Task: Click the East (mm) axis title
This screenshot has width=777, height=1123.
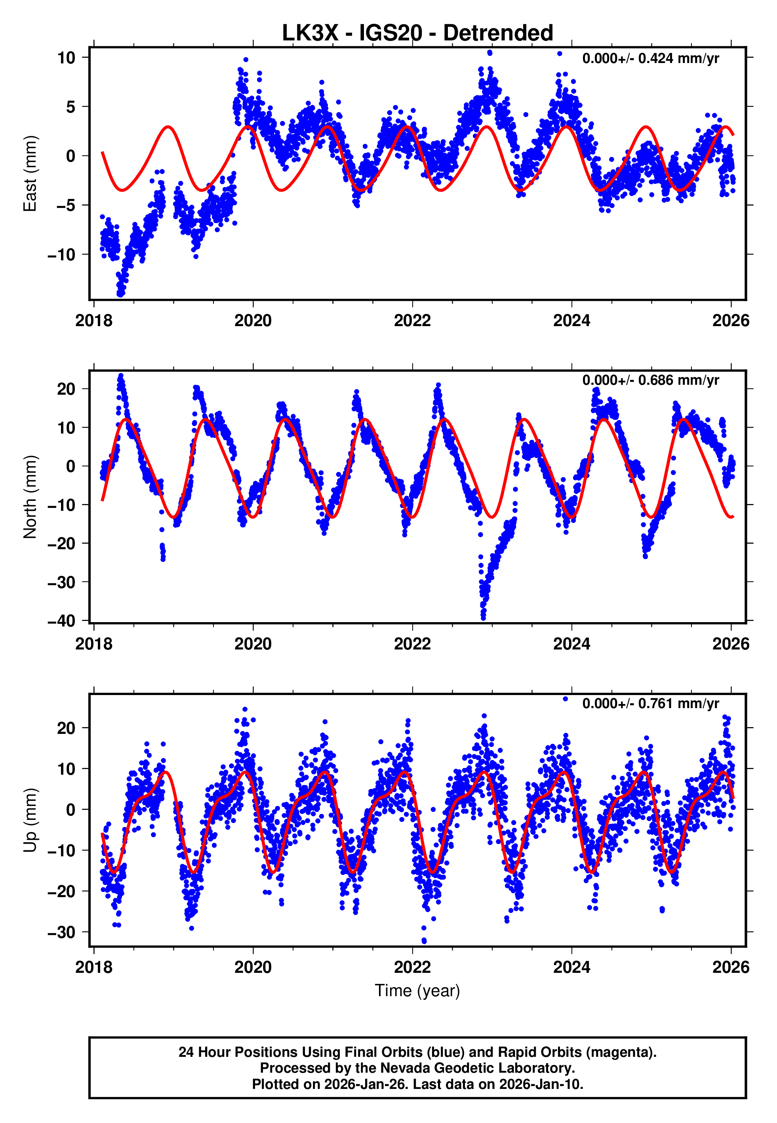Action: coord(30,174)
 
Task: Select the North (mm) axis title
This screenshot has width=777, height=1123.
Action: coord(30,497)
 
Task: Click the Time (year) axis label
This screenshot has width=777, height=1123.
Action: coord(417,991)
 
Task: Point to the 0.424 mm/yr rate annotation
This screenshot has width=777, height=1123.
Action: coord(650,58)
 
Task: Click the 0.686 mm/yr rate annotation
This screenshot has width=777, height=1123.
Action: coord(650,380)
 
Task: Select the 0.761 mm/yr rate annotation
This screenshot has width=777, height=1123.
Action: coord(650,703)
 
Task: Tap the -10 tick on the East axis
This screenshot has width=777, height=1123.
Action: coord(61,254)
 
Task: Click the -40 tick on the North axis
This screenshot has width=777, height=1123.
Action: coord(61,621)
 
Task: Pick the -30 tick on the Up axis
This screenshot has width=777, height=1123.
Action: coord(61,932)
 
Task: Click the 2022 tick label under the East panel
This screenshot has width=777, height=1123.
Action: coord(412,321)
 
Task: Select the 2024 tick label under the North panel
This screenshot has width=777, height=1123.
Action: coord(571,644)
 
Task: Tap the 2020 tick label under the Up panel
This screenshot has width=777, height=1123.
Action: coord(253,967)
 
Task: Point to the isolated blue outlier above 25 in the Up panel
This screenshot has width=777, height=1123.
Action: coord(565,699)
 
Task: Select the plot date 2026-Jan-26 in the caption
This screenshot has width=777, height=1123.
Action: coord(359,1085)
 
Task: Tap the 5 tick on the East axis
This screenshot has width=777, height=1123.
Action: coord(70,107)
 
